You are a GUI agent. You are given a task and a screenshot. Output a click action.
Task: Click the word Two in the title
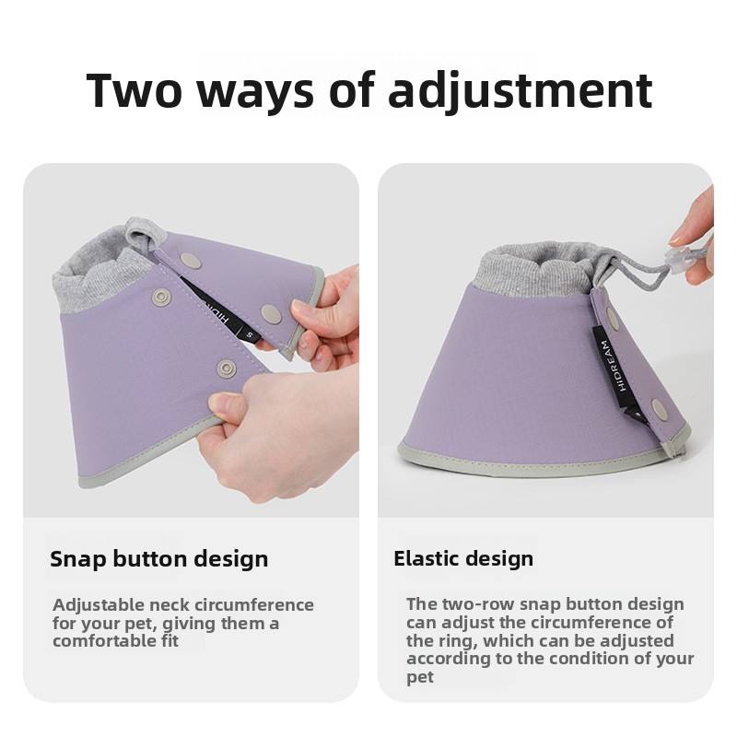tap(134, 90)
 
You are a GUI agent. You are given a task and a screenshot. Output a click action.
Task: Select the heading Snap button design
tap(158, 559)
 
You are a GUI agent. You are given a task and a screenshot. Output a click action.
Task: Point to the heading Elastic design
tap(463, 559)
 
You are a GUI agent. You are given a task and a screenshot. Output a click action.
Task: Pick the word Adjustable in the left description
tap(99, 605)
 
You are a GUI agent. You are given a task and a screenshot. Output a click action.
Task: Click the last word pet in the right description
tap(420, 678)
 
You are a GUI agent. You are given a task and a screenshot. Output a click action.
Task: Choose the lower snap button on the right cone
tap(658, 408)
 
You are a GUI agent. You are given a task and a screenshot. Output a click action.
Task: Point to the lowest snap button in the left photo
tap(227, 368)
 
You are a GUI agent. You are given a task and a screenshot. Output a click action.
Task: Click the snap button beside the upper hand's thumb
tap(271, 314)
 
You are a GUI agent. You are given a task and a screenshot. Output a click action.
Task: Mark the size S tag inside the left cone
tap(251, 334)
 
